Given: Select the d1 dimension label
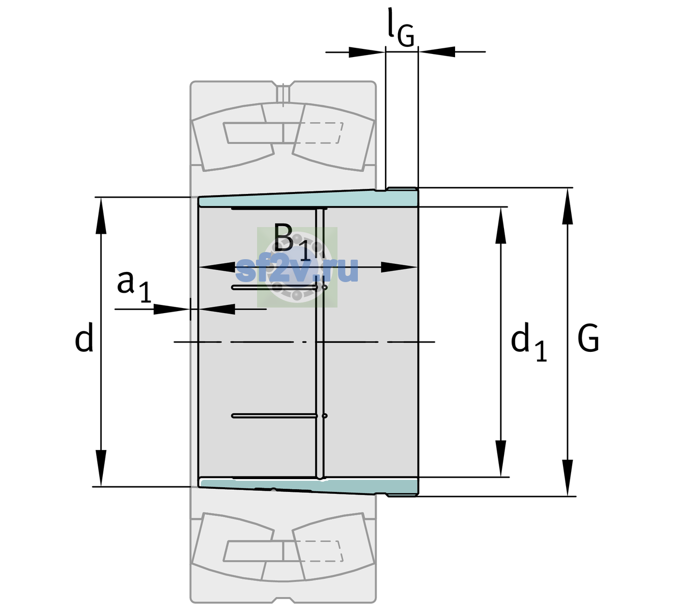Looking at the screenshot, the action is (x=529, y=341).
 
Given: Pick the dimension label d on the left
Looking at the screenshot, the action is (x=83, y=337).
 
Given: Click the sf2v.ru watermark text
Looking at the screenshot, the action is (x=297, y=270).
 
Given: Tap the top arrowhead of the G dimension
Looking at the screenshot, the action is (x=568, y=206).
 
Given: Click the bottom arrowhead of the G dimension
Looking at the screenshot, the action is (x=568, y=478).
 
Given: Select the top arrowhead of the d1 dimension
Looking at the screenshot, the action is (x=500, y=225).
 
